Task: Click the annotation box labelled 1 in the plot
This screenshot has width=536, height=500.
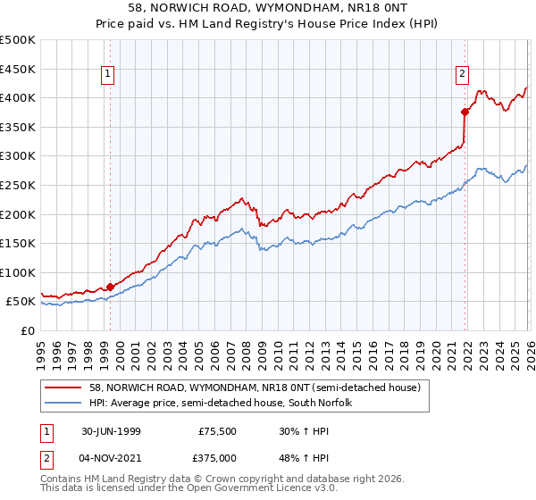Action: [107, 75]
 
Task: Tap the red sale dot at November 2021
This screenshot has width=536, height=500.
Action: [465, 112]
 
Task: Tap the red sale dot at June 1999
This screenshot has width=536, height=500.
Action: [111, 287]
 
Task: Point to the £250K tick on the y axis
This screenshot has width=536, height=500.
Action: [20, 185]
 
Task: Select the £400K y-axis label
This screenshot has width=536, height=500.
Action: [20, 97]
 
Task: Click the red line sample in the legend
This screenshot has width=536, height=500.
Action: [63, 387]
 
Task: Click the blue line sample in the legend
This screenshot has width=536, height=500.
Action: [63, 403]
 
